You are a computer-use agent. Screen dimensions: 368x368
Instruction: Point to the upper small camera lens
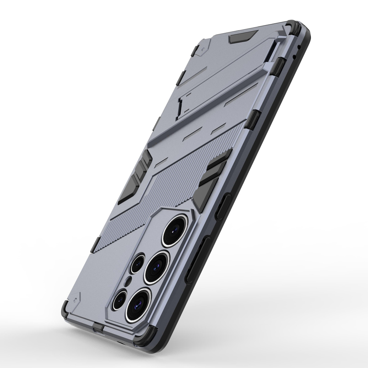139,263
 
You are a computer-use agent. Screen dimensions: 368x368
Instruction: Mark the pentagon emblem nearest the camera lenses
78,296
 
